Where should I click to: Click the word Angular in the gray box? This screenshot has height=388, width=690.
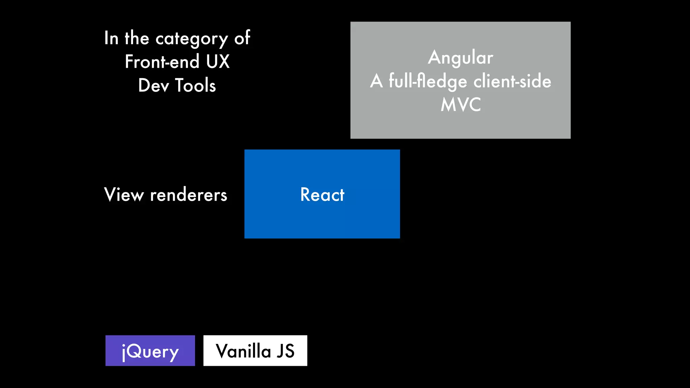tap(461, 58)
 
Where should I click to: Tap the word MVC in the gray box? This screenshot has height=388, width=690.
tap(461, 105)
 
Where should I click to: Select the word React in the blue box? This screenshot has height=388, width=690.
tap(322, 195)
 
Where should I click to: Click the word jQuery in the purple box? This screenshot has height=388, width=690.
tap(150, 352)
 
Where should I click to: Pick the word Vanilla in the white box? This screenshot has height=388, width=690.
tap(243, 351)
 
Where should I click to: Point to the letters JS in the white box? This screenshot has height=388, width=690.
tap(286, 351)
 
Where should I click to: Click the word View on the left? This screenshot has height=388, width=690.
tap(124, 195)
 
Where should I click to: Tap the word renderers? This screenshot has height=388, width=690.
tap(189, 195)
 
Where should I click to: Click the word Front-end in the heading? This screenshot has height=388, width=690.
tap(162, 62)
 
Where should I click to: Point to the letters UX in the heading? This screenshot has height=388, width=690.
tap(218, 62)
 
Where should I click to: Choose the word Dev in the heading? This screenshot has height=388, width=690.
tap(154, 86)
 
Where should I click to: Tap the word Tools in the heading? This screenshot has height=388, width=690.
tap(195, 86)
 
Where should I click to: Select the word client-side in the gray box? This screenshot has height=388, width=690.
tap(512, 81)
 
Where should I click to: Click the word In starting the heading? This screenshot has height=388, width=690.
tap(111, 38)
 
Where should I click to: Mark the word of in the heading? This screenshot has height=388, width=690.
tap(242, 38)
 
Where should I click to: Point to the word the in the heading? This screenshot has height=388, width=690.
tap(137, 38)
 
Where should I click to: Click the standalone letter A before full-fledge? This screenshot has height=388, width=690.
tap(376, 81)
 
